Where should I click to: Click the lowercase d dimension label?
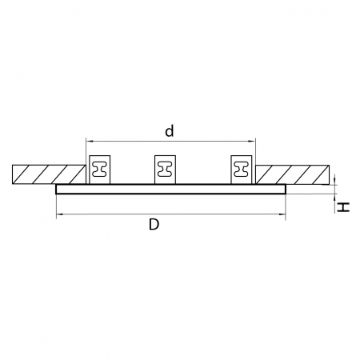pos(170,130)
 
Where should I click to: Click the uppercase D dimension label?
pos(154,224)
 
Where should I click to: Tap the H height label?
pos(343,207)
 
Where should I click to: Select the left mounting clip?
pos(99,170)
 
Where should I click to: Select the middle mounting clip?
pos(165,170)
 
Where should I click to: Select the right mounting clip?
pos(242,170)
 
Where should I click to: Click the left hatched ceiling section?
pos(49,174)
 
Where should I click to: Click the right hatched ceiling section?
pos(293,174)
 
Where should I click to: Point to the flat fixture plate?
pos(171,189)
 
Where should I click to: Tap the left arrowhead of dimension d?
pos(89,141)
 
